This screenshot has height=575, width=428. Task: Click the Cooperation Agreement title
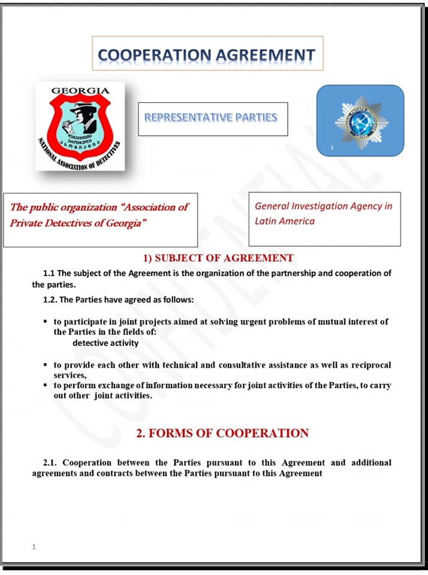point(207,55)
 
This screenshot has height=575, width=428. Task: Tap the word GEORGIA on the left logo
point(80,92)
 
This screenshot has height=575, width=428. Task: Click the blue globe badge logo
point(360,121)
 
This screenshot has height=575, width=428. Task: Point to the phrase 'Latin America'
point(285,221)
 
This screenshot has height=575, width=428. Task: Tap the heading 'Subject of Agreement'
point(218,258)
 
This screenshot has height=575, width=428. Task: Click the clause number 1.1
point(49,273)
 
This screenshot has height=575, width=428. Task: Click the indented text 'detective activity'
point(106,343)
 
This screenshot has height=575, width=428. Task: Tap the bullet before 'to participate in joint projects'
point(46,321)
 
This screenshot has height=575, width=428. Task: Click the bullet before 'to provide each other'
point(46,364)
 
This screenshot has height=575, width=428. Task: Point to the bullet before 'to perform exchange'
point(46,385)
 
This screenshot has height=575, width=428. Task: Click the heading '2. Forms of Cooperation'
point(222,433)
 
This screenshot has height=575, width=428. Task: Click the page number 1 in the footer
point(34,546)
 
